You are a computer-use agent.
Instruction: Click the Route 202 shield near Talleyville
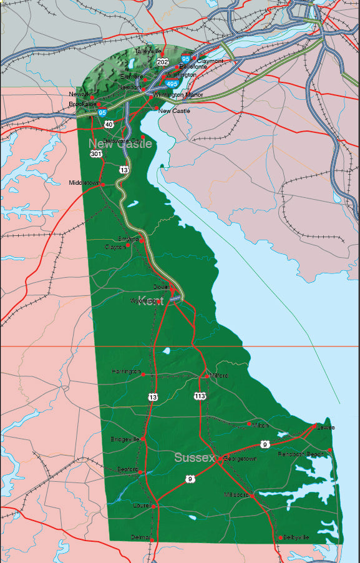163,62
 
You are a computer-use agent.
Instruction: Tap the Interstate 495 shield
172,83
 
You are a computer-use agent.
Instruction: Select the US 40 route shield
109,124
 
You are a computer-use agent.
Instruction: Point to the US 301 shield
95,154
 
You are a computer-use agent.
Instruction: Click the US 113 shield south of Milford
200,396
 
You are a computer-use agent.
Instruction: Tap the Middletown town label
84,183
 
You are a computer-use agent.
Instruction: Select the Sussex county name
194,458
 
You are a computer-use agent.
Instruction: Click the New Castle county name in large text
120,144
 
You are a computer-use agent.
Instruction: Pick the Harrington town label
126,371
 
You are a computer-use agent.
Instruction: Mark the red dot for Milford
207,376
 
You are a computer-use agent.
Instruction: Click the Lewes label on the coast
325,428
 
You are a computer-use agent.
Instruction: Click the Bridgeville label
125,439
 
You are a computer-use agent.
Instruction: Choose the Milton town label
260,425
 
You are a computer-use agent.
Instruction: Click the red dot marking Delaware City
143,137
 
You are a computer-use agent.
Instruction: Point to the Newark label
79,94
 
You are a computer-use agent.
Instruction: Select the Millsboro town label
236,494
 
